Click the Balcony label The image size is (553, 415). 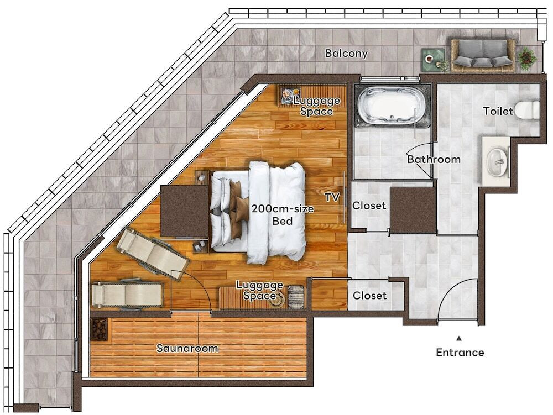click(x=346, y=54)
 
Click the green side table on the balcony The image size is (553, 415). click(x=433, y=60)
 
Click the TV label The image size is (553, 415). click(x=332, y=197)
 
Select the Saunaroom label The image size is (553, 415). click(x=187, y=349)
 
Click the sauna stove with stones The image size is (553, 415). click(x=99, y=329)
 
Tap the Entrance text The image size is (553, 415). click(x=460, y=353)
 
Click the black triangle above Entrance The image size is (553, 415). click(x=459, y=339)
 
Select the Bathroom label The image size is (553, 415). click(x=434, y=159)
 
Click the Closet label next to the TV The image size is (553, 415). click(x=369, y=206)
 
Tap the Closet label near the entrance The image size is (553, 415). click(x=369, y=295)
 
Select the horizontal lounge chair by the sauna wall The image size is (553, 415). click(x=127, y=295)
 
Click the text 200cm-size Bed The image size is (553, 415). click(x=283, y=215)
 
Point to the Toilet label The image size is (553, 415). click(x=498, y=111)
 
